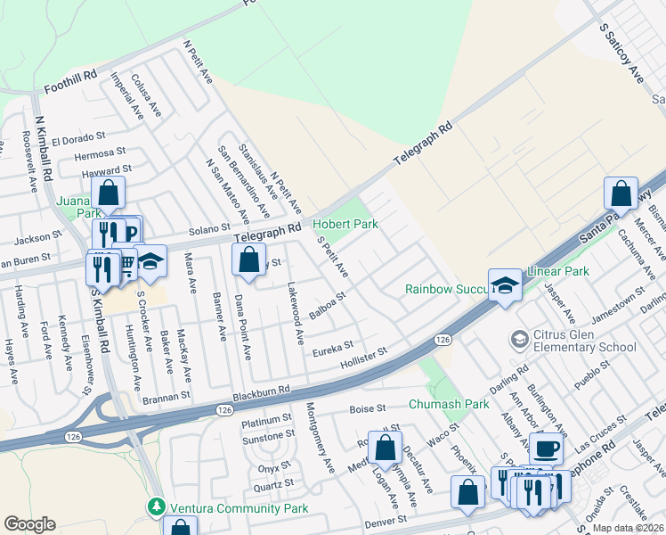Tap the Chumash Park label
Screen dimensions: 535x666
click(449, 404)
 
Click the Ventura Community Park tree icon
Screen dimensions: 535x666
click(157, 507)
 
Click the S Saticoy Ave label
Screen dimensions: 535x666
click(621, 53)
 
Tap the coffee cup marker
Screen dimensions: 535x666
click(546, 448)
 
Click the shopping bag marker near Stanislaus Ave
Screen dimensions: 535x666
click(249, 260)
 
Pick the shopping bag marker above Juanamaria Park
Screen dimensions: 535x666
click(108, 192)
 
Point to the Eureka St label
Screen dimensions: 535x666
click(333, 345)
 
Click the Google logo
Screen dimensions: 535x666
click(29, 523)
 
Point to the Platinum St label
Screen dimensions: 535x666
click(266, 418)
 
